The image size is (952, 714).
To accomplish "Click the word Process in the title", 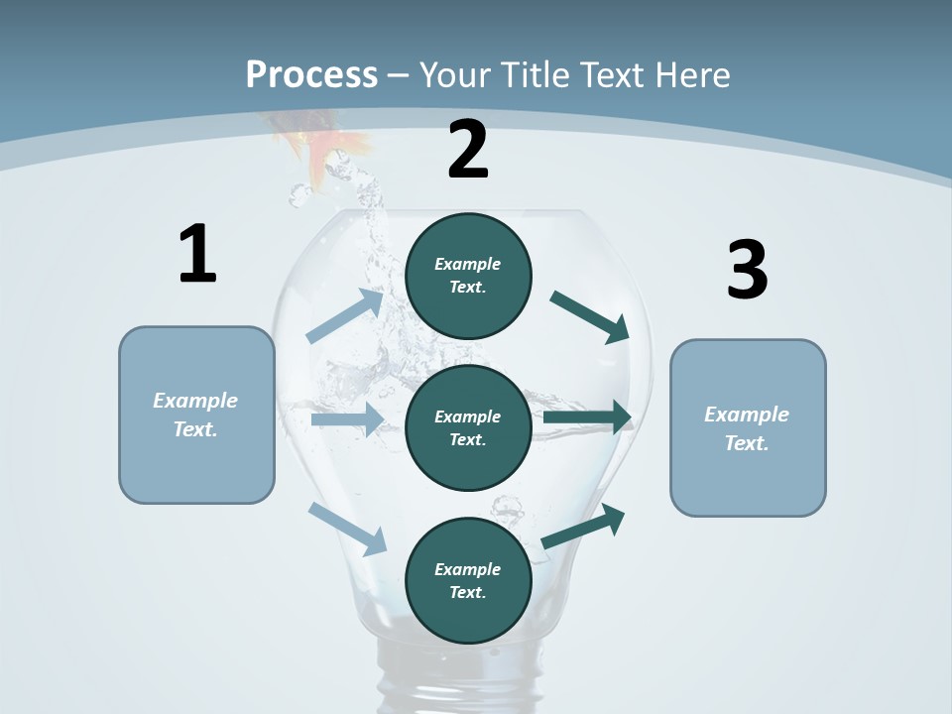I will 311,75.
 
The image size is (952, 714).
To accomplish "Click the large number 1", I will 197,255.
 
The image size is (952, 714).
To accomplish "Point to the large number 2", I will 468,150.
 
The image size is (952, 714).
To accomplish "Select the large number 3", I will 747,271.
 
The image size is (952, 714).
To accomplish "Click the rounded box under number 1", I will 196,415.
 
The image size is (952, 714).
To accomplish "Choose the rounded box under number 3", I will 748,427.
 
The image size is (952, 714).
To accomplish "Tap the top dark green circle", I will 468,276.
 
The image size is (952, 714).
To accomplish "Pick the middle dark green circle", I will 468,427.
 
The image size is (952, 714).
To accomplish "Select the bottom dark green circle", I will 468,580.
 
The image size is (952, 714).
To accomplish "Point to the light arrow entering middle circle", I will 347,419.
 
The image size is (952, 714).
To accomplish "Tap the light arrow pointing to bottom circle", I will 348,528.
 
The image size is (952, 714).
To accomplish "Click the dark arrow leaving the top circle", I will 591,316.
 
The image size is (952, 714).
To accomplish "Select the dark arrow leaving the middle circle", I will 588,417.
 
